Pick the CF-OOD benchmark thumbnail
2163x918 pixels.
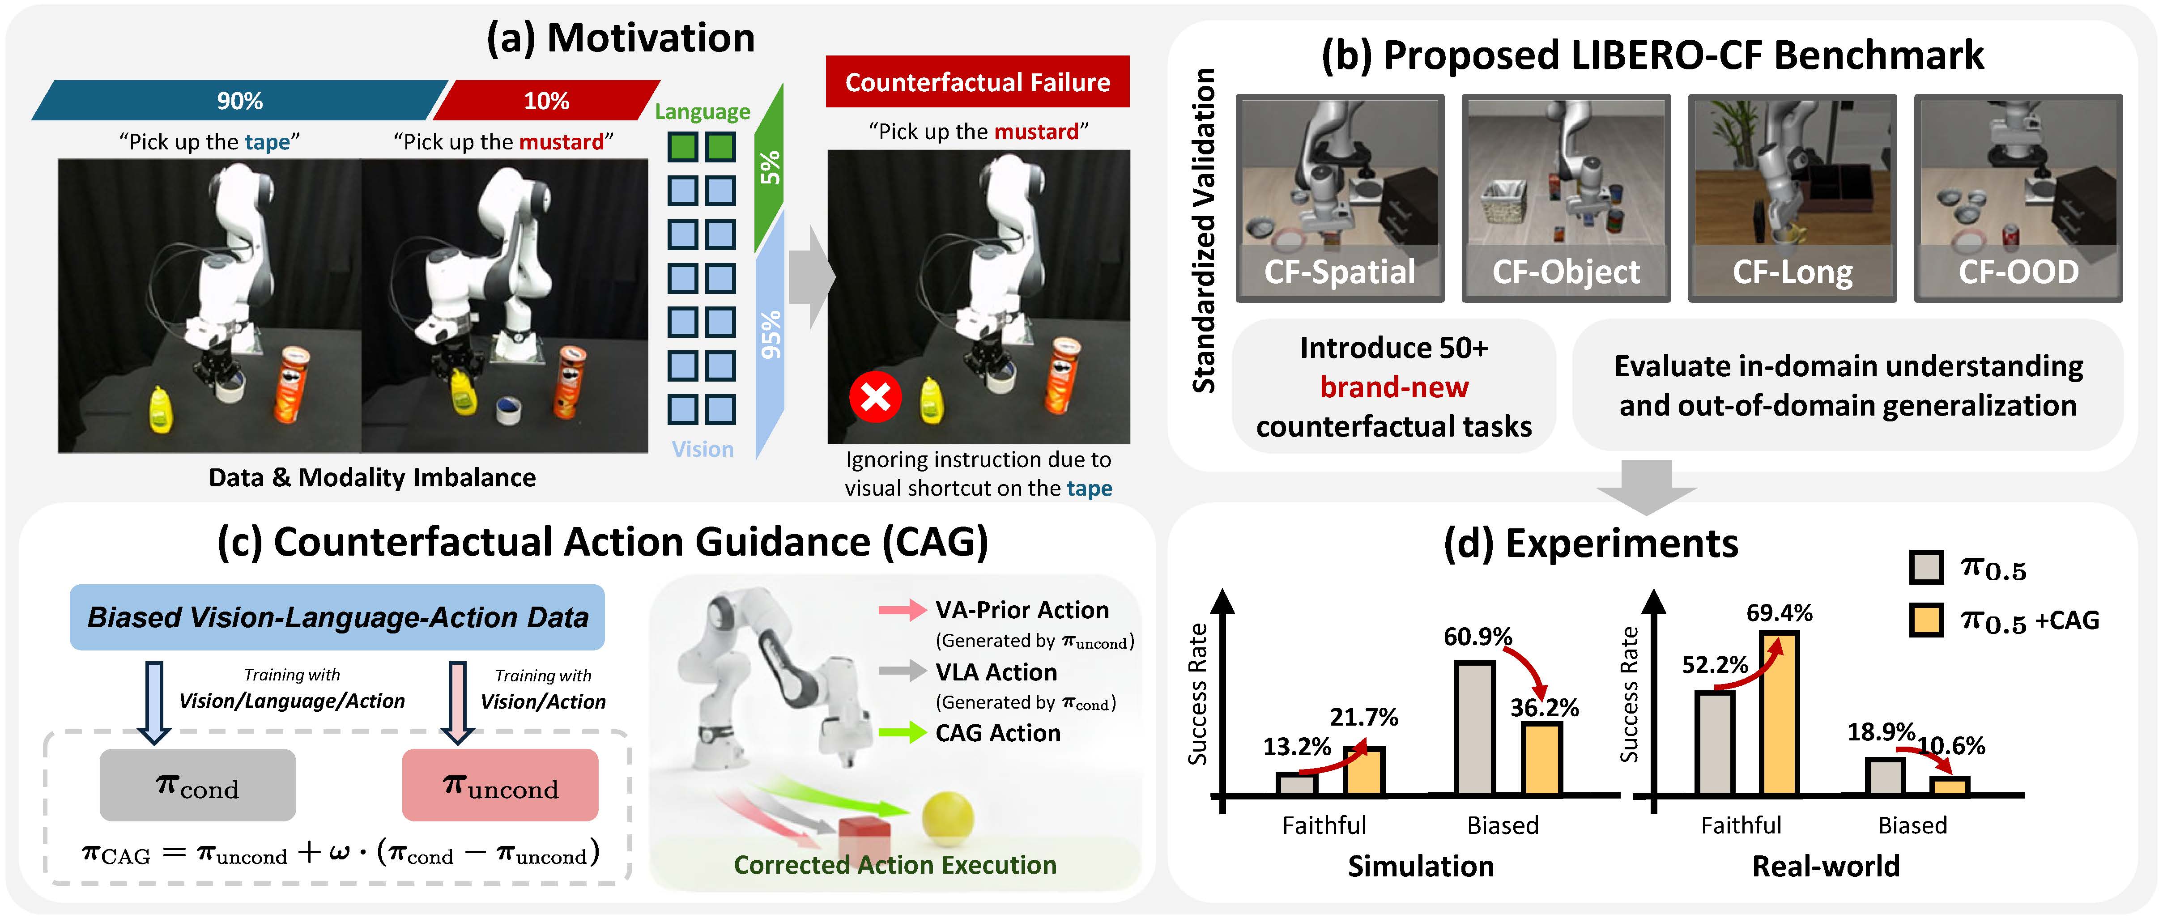tap(2018, 197)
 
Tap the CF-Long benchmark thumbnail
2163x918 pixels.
tap(1792, 197)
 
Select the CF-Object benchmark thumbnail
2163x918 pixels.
tap(1566, 197)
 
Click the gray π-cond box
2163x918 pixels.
tap(197, 784)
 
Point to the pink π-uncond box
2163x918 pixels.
tap(500, 784)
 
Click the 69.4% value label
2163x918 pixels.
tap(1779, 613)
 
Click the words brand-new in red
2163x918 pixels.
tap(1394, 387)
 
